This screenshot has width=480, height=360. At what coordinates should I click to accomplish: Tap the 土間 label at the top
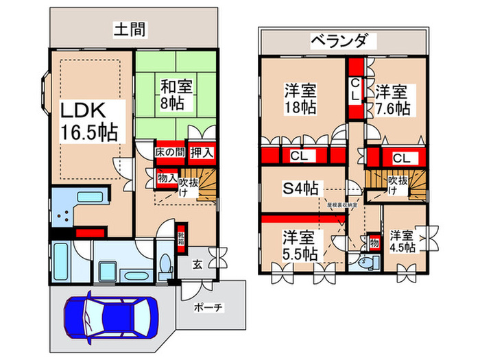(x=128, y=29)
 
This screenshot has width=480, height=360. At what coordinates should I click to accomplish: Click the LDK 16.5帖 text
(x=87, y=120)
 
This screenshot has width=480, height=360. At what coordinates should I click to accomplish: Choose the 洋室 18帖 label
(x=300, y=99)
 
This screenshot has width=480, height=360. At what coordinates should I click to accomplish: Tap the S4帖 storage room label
(x=301, y=187)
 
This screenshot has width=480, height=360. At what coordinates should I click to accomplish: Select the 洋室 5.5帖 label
(x=300, y=245)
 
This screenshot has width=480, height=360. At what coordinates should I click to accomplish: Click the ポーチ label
(x=208, y=307)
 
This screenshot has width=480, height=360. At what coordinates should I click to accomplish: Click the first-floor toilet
(x=165, y=266)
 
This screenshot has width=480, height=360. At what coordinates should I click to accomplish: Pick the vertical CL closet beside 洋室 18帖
(x=355, y=90)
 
